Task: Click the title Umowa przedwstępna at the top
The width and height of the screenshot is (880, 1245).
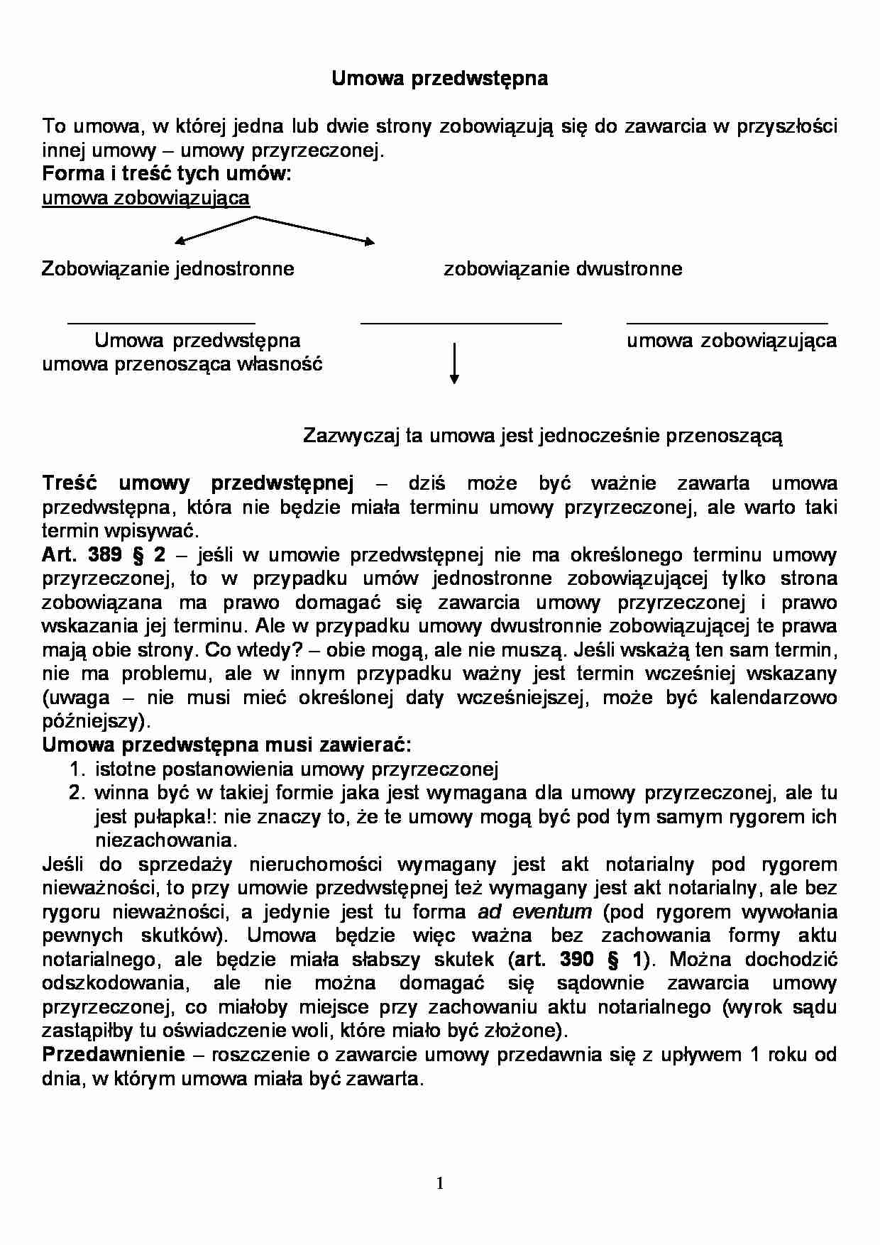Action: point(439,79)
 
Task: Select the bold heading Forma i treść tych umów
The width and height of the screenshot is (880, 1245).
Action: point(166,174)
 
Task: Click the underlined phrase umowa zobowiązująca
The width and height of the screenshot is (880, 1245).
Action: point(145,198)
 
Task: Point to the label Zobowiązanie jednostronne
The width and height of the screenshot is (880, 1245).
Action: point(167,269)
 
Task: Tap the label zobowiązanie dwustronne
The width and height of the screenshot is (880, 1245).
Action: point(563,269)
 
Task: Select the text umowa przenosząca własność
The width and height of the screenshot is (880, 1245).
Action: point(182,365)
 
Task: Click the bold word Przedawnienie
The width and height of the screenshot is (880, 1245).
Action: point(114,1055)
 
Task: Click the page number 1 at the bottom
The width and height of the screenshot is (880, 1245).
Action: point(440,1183)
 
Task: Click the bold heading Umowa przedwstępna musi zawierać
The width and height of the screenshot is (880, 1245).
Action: point(226,745)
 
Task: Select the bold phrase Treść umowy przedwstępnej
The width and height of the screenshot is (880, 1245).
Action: point(197,484)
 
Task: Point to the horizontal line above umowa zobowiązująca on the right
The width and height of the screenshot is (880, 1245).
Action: point(727,324)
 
